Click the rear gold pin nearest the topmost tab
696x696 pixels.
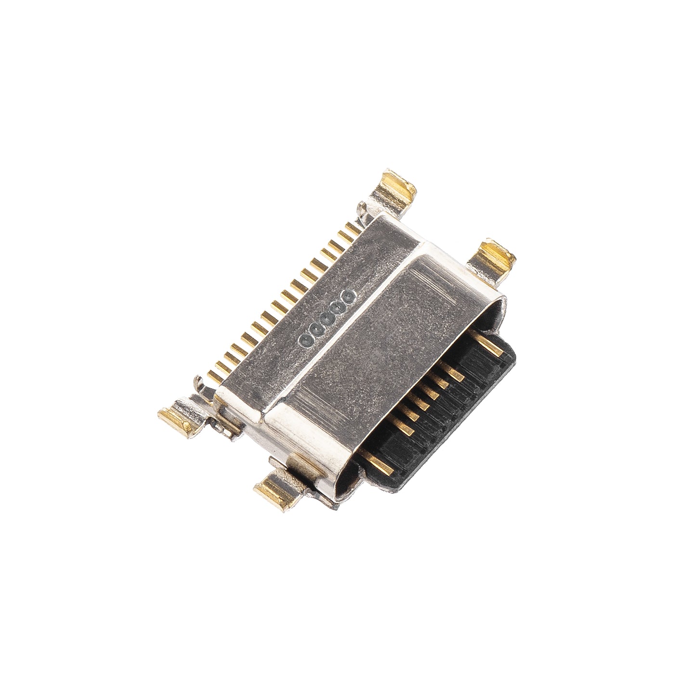[x=350, y=230]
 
